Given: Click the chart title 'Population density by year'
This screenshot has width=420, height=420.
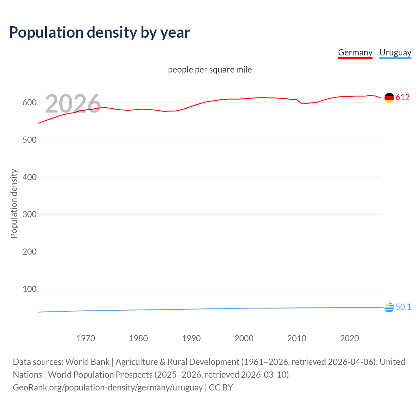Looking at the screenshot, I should click(x=99, y=32).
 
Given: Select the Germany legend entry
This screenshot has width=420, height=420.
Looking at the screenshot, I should click(x=355, y=52).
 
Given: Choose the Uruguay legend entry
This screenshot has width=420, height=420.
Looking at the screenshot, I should click(x=395, y=52).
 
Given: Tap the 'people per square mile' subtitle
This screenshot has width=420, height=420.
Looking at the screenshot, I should click(x=210, y=70).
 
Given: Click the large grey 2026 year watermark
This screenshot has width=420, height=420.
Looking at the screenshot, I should click(x=73, y=104).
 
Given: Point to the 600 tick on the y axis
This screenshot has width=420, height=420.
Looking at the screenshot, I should click(x=29, y=103).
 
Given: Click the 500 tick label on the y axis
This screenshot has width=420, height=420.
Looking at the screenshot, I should click(x=29, y=140).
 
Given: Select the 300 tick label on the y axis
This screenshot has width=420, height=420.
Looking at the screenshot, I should click(x=29, y=215).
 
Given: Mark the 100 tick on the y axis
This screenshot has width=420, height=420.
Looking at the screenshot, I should click(x=29, y=289).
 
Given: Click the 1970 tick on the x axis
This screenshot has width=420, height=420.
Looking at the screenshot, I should click(x=86, y=338).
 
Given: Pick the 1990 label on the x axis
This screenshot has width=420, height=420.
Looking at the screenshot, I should click(x=191, y=338).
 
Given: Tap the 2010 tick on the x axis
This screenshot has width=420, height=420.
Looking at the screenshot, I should click(x=297, y=338).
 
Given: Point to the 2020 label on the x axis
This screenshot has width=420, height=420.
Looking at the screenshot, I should click(x=349, y=338).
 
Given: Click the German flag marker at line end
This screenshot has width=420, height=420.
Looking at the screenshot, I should click(x=389, y=98).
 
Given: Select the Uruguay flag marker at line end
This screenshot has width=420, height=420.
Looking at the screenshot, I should click(x=389, y=307).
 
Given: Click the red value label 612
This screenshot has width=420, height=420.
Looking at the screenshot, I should click(x=403, y=97).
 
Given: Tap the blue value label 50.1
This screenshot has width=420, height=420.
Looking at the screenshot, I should click(x=403, y=307).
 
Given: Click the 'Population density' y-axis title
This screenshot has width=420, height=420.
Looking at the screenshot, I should click(x=14, y=203).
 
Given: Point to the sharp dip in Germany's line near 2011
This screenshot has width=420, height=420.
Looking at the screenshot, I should click(x=302, y=104).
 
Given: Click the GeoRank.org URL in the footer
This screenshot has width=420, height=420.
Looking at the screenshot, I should click(x=108, y=388).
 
